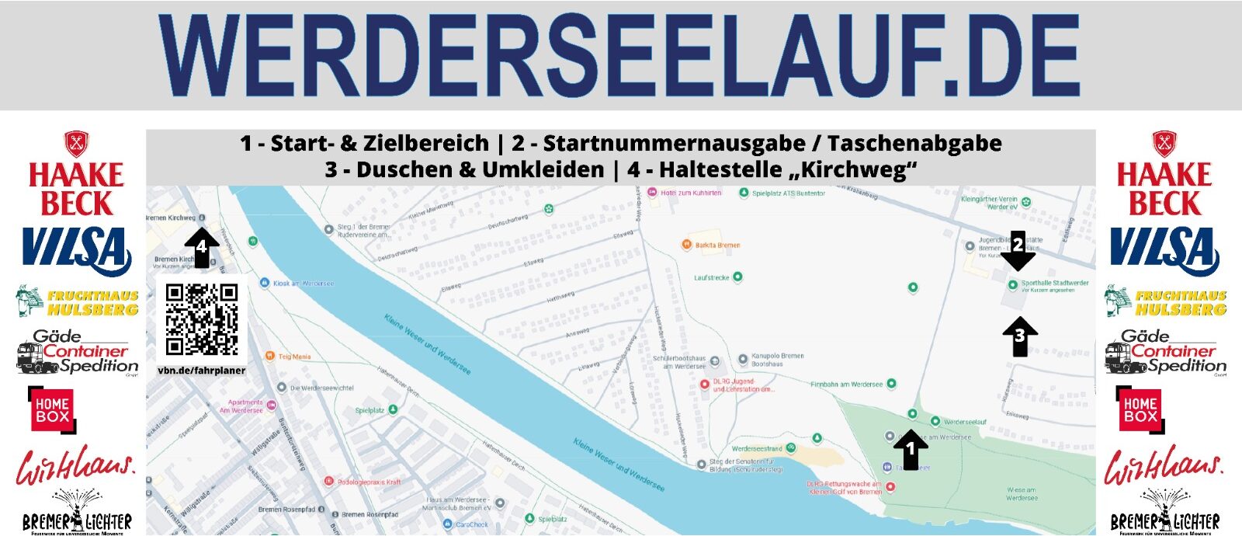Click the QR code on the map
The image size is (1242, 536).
click(x=202, y=319)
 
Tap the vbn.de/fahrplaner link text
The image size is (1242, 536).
click(x=202, y=371)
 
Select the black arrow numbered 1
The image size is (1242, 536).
click(x=911, y=450)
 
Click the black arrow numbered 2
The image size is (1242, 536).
click(x=1018, y=250)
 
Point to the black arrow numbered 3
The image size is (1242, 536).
click(x=1020, y=336)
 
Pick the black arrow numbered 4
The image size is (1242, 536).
click(x=202, y=247)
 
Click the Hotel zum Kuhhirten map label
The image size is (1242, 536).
click(x=690, y=193)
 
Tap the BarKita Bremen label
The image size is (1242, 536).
click(x=716, y=245)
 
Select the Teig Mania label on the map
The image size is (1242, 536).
click(x=294, y=357)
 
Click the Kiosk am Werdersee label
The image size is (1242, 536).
click(x=303, y=284)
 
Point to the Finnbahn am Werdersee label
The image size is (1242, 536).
click(x=847, y=384)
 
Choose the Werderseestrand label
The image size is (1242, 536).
click(x=757, y=448)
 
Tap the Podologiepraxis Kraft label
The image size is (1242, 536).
click(x=369, y=482)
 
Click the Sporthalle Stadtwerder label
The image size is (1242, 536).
click(x=1054, y=284)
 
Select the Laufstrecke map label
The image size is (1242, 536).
click(x=712, y=277)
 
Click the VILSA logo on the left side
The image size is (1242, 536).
click(x=76, y=251)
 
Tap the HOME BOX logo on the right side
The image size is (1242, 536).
click(x=1140, y=409)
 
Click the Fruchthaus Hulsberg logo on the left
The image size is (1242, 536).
click(x=78, y=301)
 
